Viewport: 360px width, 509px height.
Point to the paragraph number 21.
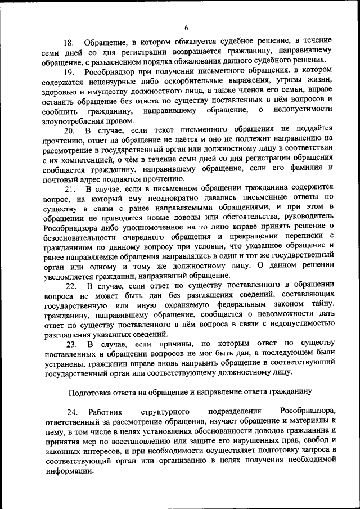coord(69,188)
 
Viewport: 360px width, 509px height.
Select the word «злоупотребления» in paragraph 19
coord(70,120)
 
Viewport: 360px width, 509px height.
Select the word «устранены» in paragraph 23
coord(69,363)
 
